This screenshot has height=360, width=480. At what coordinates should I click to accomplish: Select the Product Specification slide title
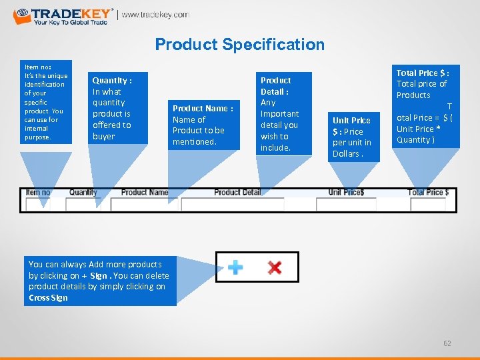tap(239, 45)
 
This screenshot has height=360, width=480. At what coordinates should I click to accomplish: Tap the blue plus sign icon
tap(235, 267)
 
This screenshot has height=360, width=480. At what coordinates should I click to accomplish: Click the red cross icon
tap(274, 267)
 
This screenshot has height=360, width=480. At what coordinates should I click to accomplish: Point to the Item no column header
tap(37, 193)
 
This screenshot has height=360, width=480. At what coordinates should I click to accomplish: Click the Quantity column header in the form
tap(83, 193)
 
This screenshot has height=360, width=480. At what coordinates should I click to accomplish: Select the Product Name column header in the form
tap(145, 193)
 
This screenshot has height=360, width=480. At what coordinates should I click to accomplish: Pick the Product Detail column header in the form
tap(237, 193)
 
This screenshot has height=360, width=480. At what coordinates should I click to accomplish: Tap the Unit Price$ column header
tap(346, 193)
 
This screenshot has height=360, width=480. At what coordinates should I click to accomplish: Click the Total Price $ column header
tap(428, 193)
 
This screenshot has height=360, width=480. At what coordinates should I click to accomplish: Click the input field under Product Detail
tap(232, 205)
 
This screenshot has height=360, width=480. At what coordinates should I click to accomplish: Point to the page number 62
tap(447, 343)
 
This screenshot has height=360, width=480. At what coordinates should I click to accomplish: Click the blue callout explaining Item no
tap(45, 101)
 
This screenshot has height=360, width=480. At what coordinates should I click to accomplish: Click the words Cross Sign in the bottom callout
tap(48, 297)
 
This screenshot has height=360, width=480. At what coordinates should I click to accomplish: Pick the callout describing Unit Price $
tap(352, 137)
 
